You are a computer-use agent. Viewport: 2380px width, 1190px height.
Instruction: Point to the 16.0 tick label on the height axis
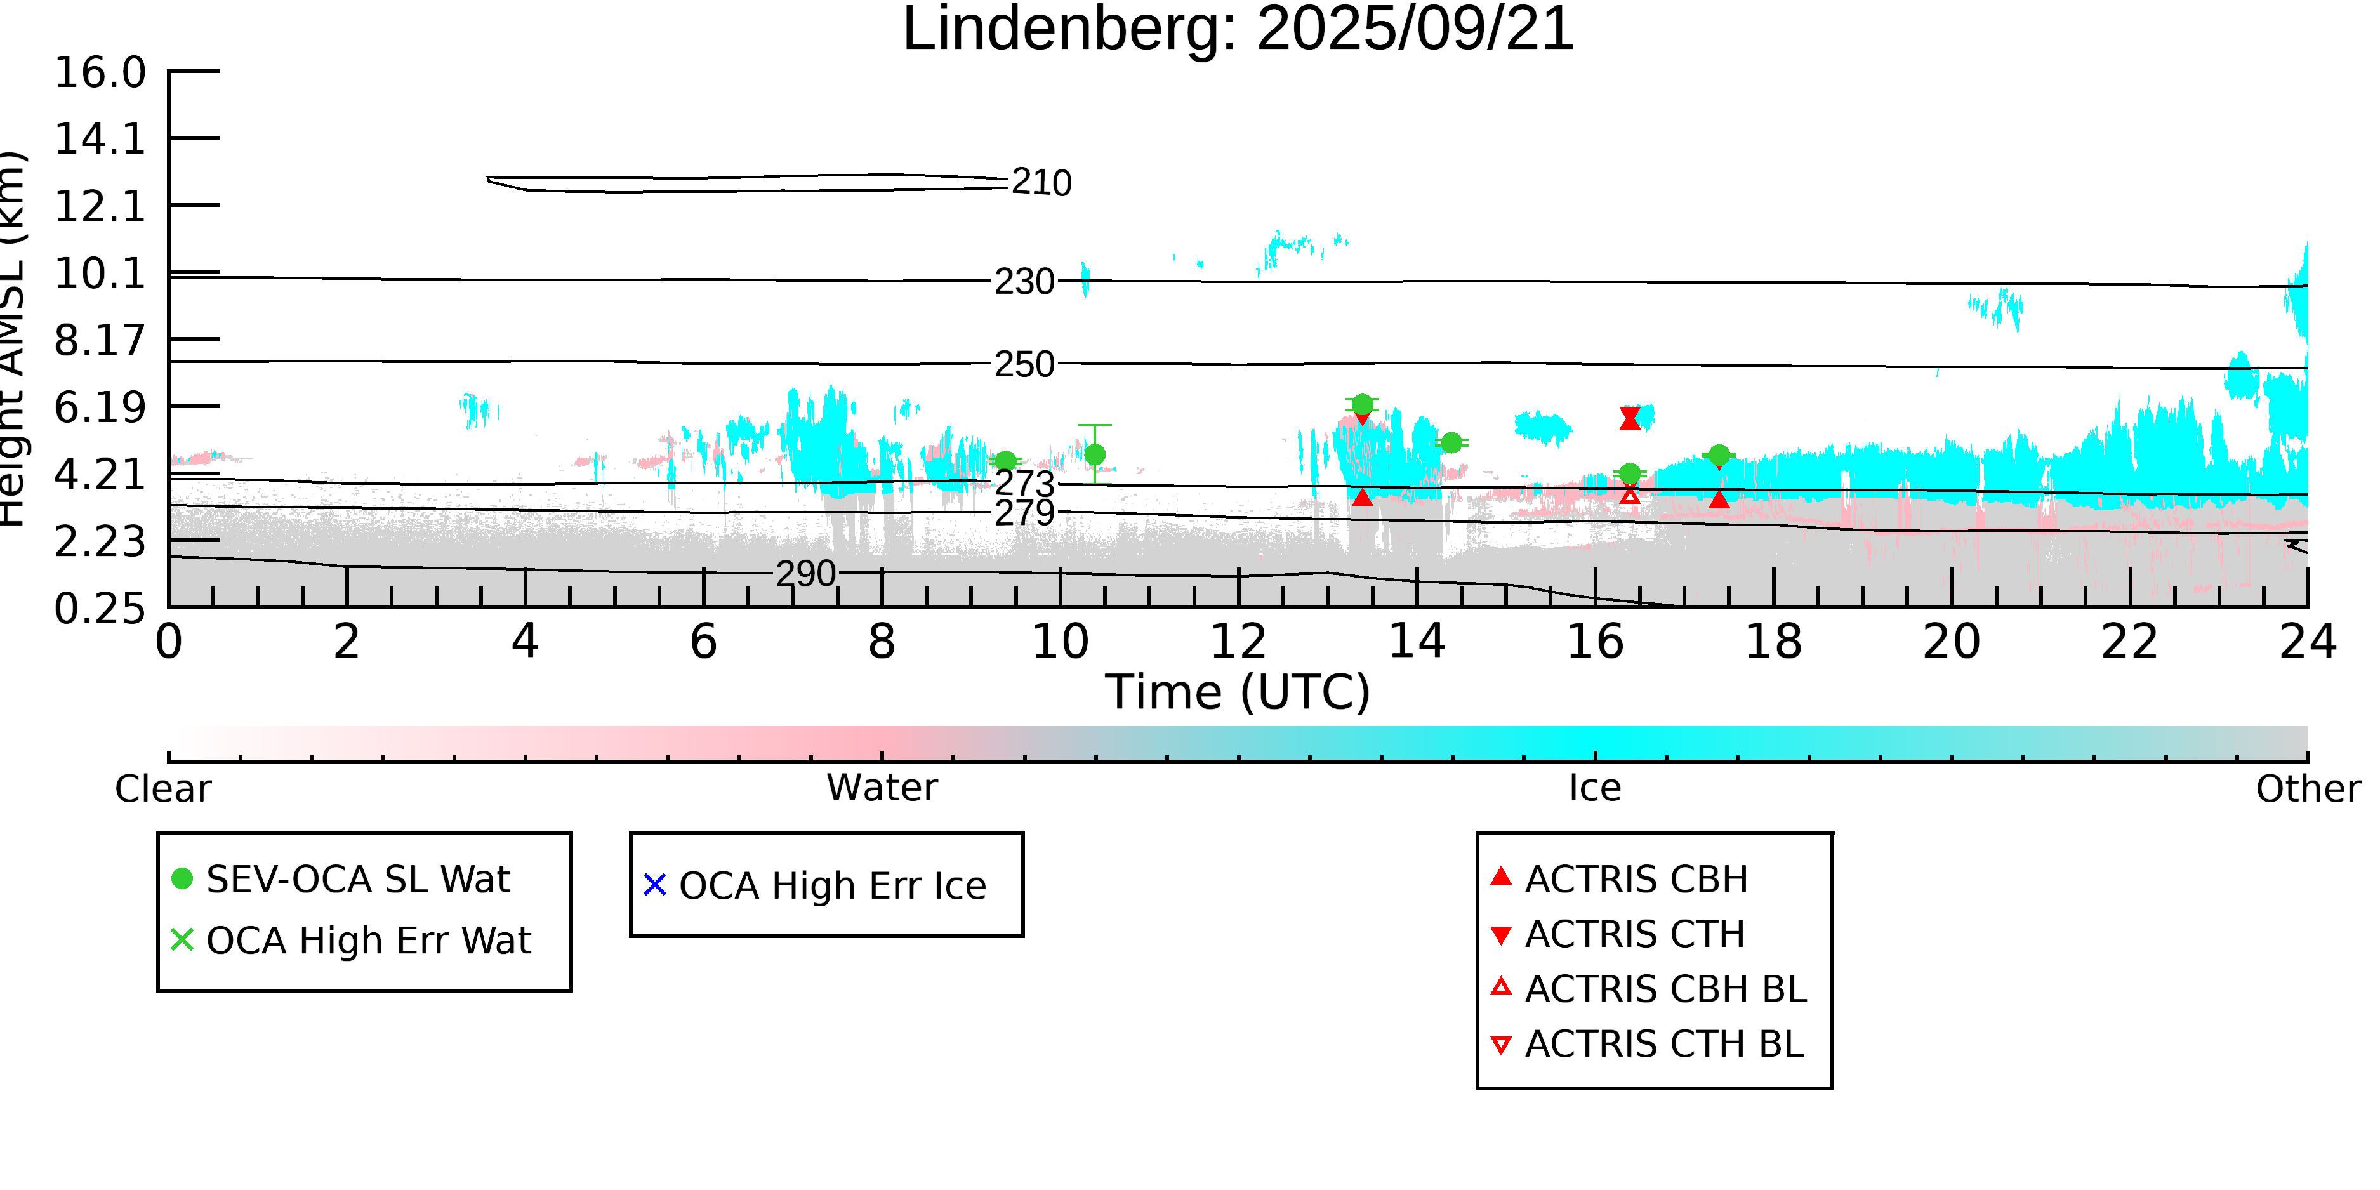click(100, 73)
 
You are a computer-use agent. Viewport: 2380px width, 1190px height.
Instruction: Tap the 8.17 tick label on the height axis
click(100, 341)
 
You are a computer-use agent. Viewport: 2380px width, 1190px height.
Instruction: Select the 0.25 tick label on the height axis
click(100, 609)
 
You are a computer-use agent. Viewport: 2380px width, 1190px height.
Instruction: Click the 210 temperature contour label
click(1041, 183)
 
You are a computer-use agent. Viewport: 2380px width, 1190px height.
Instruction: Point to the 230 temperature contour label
click(1024, 282)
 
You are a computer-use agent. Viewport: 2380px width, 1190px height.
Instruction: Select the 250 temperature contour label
click(1024, 365)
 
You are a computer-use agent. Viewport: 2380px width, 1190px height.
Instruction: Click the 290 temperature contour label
click(805, 574)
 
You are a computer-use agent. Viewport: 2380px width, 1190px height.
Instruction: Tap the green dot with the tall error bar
click(1095, 454)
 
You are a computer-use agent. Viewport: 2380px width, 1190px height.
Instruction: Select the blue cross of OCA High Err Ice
click(655, 885)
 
